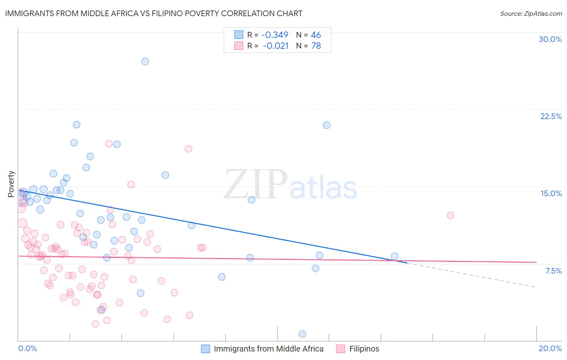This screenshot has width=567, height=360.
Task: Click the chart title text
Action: point(154,13)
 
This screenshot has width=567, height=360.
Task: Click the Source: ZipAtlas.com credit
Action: point(531,13)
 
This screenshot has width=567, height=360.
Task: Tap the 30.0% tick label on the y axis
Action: point(550,39)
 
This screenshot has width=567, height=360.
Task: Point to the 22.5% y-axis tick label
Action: point(551,116)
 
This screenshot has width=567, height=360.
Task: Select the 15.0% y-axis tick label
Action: point(551,193)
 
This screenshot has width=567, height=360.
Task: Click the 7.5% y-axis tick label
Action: point(553,271)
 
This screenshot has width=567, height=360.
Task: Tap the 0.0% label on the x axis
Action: point(27,348)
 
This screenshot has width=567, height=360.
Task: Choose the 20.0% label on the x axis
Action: point(550,348)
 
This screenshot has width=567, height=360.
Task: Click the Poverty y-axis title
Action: point(11,184)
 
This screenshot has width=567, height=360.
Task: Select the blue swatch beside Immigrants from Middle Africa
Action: point(205,349)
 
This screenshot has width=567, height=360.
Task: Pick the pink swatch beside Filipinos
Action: point(341,349)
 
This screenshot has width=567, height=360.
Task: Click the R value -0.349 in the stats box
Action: point(275,35)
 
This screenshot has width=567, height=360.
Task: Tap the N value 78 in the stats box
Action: point(316,46)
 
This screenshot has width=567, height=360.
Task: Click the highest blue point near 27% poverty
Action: point(145,61)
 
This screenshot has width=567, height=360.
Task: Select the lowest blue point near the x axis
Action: point(302,334)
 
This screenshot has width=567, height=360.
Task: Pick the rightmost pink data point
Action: point(450,215)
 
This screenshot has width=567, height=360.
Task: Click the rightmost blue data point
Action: point(394,256)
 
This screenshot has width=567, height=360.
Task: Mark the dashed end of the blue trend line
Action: point(534,286)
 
